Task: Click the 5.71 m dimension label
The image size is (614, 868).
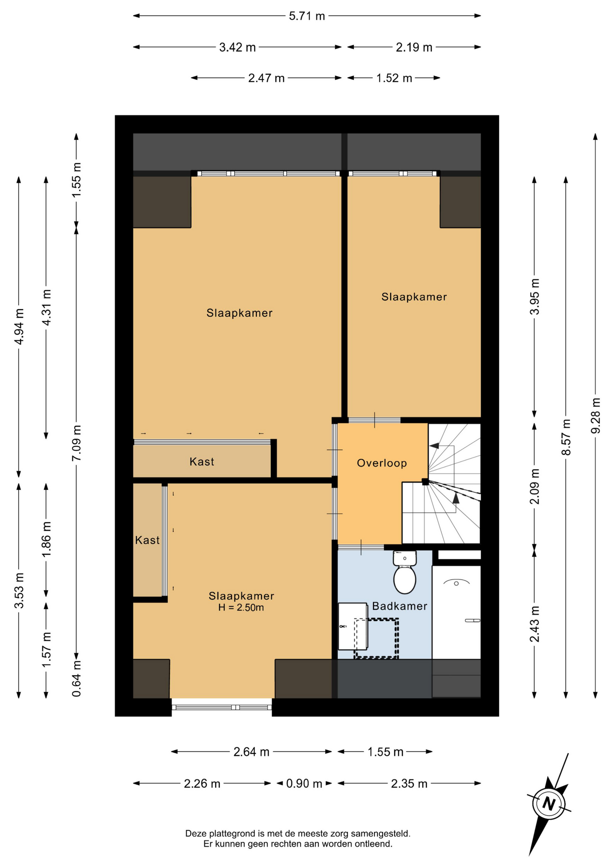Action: (x=307, y=16)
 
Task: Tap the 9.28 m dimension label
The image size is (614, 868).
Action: (x=596, y=416)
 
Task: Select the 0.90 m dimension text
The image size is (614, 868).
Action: (x=304, y=783)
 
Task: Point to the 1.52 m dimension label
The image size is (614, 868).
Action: (x=394, y=78)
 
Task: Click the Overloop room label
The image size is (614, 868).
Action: (x=382, y=463)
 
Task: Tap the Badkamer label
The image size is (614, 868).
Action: (x=400, y=606)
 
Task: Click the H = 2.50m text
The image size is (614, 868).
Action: (x=241, y=608)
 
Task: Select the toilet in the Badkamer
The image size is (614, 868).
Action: (x=405, y=572)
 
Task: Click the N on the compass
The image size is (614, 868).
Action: (x=549, y=804)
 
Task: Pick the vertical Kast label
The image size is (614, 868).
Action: (x=147, y=540)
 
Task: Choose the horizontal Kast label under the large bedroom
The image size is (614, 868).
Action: (x=202, y=462)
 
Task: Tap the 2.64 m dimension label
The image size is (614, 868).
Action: (x=251, y=752)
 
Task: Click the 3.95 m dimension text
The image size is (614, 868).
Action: (x=535, y=297)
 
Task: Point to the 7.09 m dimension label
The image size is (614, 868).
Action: (x=76, y=443)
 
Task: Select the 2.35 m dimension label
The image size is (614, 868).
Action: (x=409, y=783)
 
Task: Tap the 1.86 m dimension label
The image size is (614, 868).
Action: (x=46, y=539)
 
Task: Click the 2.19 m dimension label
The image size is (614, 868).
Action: (x=414, y=47)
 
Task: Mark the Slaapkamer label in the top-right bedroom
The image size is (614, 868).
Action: (x=414, y=297)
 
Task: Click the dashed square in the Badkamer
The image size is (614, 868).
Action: (x=376, y=638)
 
